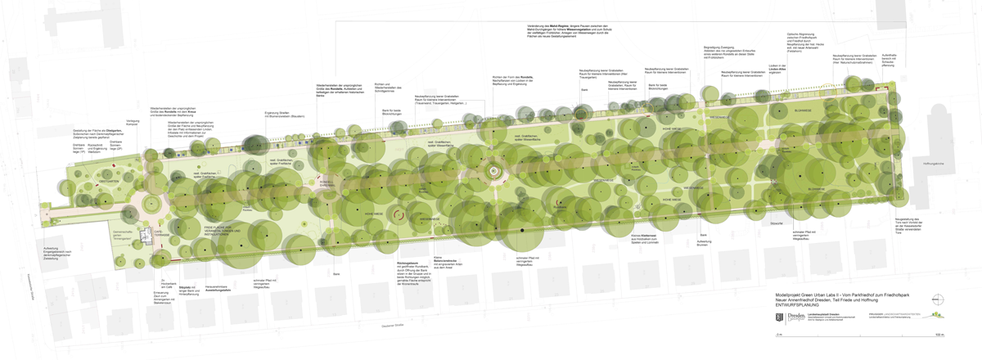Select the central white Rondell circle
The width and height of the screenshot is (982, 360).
click(x=493, y=172)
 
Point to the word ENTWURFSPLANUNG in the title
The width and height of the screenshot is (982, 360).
click(x=798, y=304)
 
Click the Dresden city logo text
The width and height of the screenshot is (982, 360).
click(x=791, y=315)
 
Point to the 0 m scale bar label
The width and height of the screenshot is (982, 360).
click(x=779, y=335)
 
